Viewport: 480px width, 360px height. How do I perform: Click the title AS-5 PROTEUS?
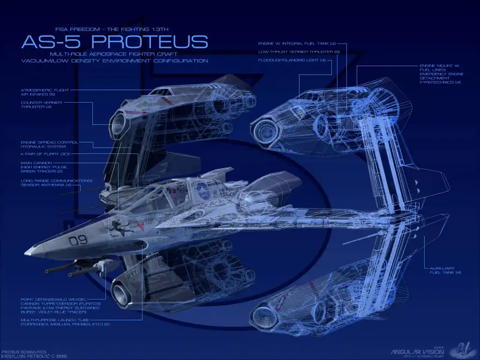click(x=114, y=42)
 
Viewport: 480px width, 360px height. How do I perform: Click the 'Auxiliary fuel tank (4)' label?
click(x=445, y=270)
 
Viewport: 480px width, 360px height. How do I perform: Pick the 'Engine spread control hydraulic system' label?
click(x=49, y=144)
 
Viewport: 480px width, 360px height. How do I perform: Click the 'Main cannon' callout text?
click(x=45, y=167)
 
